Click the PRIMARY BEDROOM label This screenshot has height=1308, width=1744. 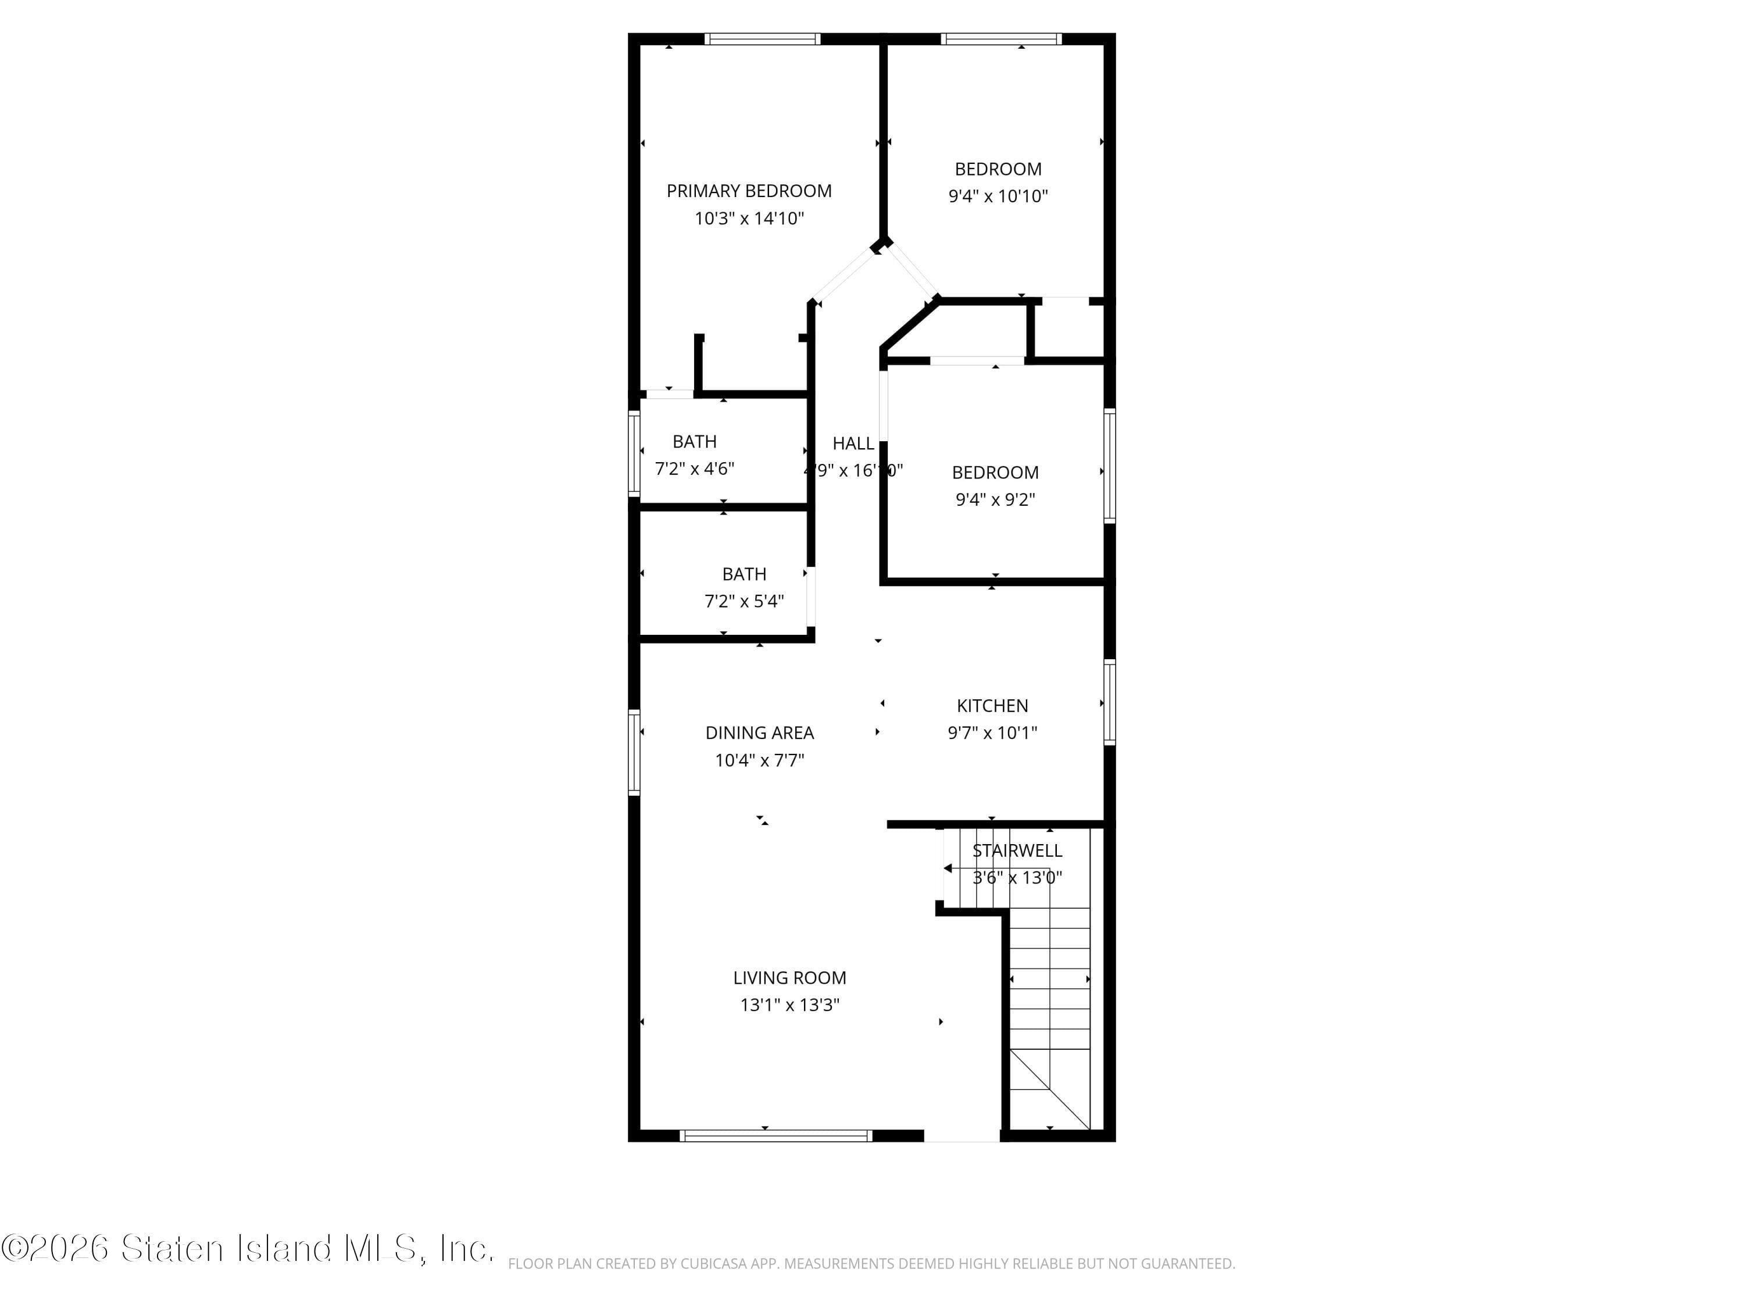pyautogui.click(x=748, y=191)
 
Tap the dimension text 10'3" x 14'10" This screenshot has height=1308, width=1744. pyautogui.click(x=748, y=219)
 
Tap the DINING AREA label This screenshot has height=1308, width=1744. pyautogui.click(x=759, y=733)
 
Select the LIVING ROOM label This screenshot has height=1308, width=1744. pyautogui.click(x=789, y=978)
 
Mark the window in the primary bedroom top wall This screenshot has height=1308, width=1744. pyautogui.click(x=762, y=38)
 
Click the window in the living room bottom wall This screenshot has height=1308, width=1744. pyautogui.click(x=776, y=1136)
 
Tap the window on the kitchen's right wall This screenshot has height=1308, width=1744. pyautogui.click(x=1109, y=702)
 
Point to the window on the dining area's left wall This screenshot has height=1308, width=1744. pyautogui.click(x=634, y=752)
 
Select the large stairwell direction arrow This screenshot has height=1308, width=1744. pyautogui.click(x=949, y=868)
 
